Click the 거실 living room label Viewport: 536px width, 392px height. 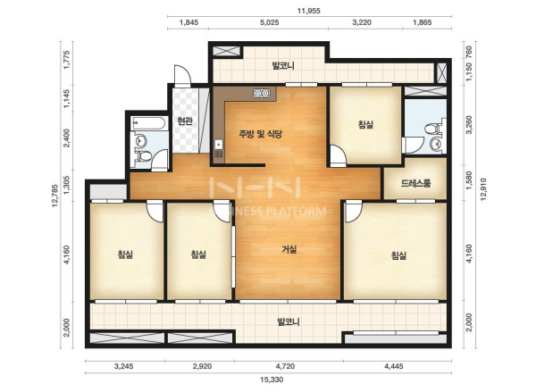[x=289, y=250]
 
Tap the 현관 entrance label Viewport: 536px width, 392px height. [x=185, y=121]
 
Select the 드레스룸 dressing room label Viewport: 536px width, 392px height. [x=415, y=184]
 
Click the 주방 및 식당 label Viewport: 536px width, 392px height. [x=261, y=134]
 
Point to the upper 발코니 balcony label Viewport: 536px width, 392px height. [x=283, y=65]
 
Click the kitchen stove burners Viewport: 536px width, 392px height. [x=262, y=93]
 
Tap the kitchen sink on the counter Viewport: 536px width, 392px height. [x=218, y=145]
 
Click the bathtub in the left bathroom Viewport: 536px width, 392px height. [x=149, y=123]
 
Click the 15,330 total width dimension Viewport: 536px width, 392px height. [x=272, y=379]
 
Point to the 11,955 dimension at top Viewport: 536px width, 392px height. [x=309, y=11]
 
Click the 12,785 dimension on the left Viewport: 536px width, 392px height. [x=55, y=196]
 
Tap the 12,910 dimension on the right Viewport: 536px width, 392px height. [x=482, y=189]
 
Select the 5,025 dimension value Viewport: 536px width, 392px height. [x=270, y=23]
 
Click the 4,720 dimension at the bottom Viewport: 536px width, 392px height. [x=285, y=366]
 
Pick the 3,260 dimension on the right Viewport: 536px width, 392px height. [x=469, y=125]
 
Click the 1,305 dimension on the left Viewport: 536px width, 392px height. [x=67, y=185]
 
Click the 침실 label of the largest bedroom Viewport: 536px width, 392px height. [x=398, y=255]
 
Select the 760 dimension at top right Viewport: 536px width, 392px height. [x=469, y=52]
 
